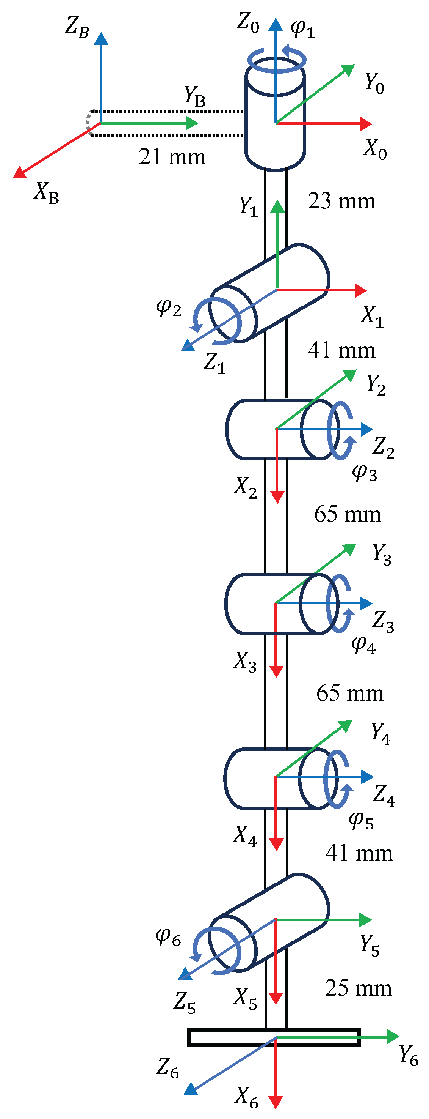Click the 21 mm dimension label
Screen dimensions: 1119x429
172,157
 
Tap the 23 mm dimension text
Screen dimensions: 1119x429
341,201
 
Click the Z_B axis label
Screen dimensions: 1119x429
77,27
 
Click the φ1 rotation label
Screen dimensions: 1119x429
302,29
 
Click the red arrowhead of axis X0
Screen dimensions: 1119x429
366,124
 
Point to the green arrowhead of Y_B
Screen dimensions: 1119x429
192,123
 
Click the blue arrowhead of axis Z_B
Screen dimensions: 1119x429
101,38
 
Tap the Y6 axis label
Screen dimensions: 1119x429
408,1055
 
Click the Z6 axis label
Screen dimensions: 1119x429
168,1068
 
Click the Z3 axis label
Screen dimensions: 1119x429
383,621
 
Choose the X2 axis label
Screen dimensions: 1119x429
245,487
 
